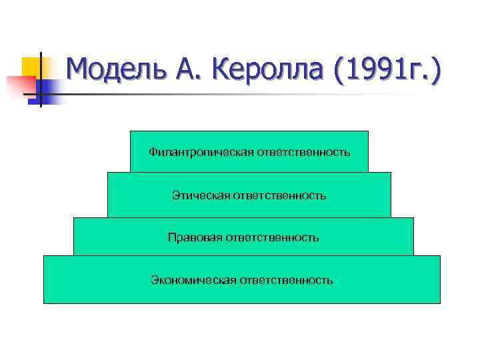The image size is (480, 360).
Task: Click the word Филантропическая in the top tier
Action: [200, 153]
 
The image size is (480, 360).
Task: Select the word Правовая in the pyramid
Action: [195, 237]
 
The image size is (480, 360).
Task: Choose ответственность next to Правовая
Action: [273, 237]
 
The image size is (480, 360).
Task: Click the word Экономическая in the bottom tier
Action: [193, 280]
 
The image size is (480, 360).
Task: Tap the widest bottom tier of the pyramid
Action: [242, 294]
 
